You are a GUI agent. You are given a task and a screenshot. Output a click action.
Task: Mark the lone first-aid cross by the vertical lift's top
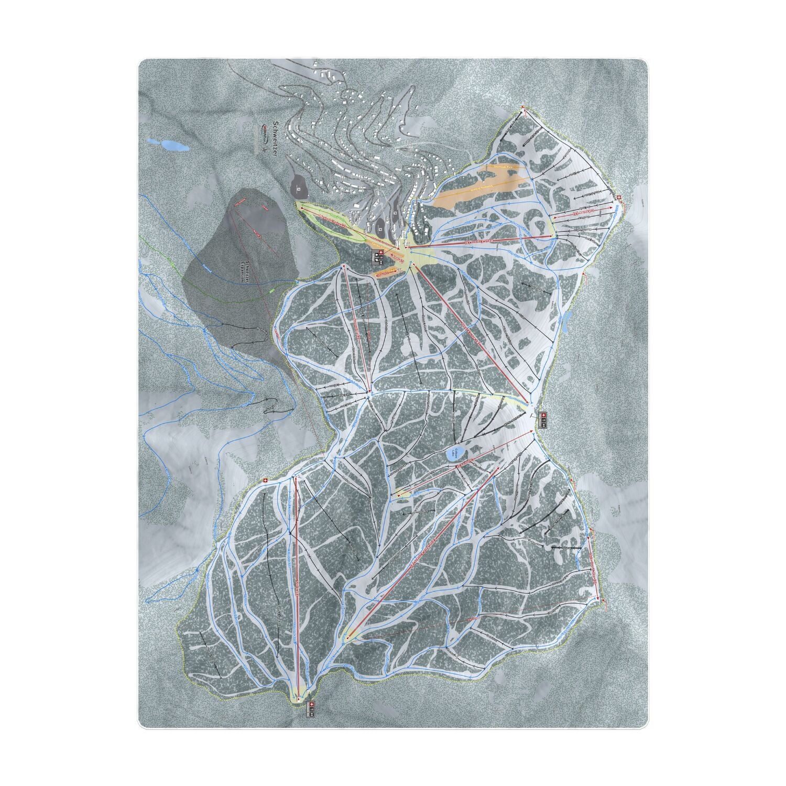266,479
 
